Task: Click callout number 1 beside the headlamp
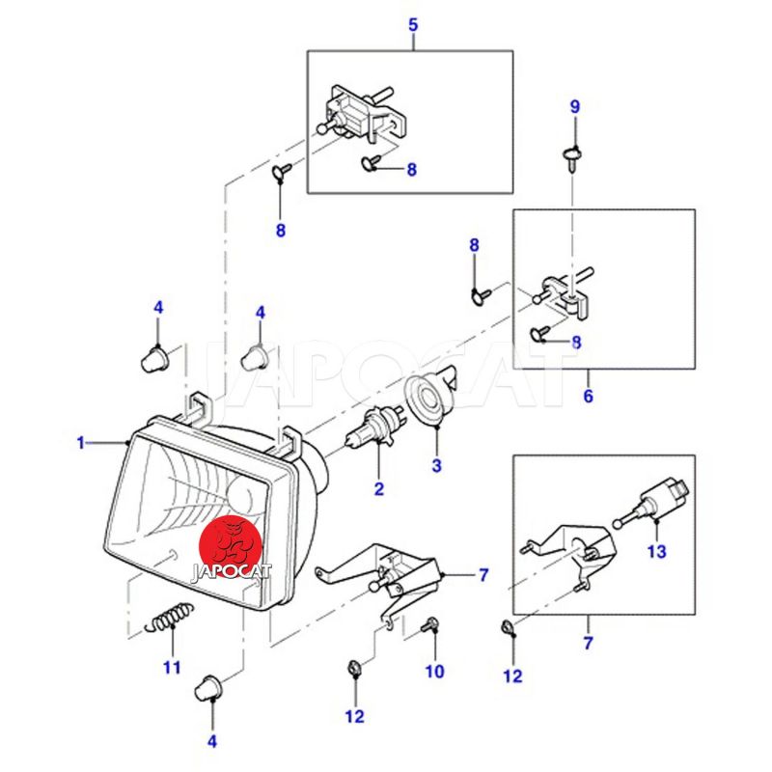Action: pos(81,443)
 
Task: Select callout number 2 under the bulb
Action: pos(378,489)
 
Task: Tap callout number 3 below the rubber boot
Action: pos(437,465)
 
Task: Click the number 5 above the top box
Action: pos(413,25)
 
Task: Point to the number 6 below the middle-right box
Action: pos(589,396)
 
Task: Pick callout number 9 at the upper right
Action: pos(575,106)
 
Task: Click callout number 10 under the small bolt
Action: pos(435,671)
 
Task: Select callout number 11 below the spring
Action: pos(172,667)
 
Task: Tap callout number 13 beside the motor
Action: pos(657,551)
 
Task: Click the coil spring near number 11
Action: pos(168,617)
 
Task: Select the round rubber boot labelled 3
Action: pos(429,397)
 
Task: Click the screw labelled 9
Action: pos(571,157)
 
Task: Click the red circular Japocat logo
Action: pos(231,546)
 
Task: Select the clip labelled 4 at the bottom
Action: pos(207,688)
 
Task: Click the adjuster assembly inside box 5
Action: pos(363,115)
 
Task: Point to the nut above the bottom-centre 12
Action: pos(353,669)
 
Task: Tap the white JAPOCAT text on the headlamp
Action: pos(231,572)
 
